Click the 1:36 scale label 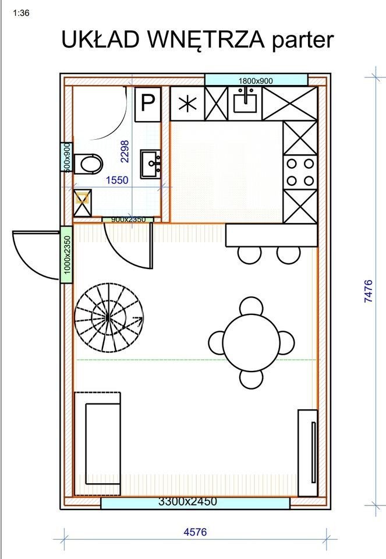pyautogui.click(x=21, y=13)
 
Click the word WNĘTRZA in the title pyautogui.click(x=205, y=39)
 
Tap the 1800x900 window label pyautogui.click(x=256, y=81)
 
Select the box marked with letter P pyautogui.click(x=148, y=104)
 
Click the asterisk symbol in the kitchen pyautogui.click(x=187, y=104)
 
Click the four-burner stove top pyautogui.click(x=300, y=172)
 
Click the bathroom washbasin pyautogui.click(x=150, y=164)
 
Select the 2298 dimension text pyautogui.click(x=125, y=151)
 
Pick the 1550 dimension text pyautogui.click(x=117, y=180)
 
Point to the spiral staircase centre pyautogui.click(x=108, y=317)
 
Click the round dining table pyautogui.click(x=251, y=342)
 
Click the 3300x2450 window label pyautogui.click(x=187, y=501)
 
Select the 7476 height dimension pyautogui.click(x=369, y=291)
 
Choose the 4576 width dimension pyautogui.click(x=195, y=532)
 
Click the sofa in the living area pyautogui.click(x=97, y=444)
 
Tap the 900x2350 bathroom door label pyautogui.click(x=128, y=220)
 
